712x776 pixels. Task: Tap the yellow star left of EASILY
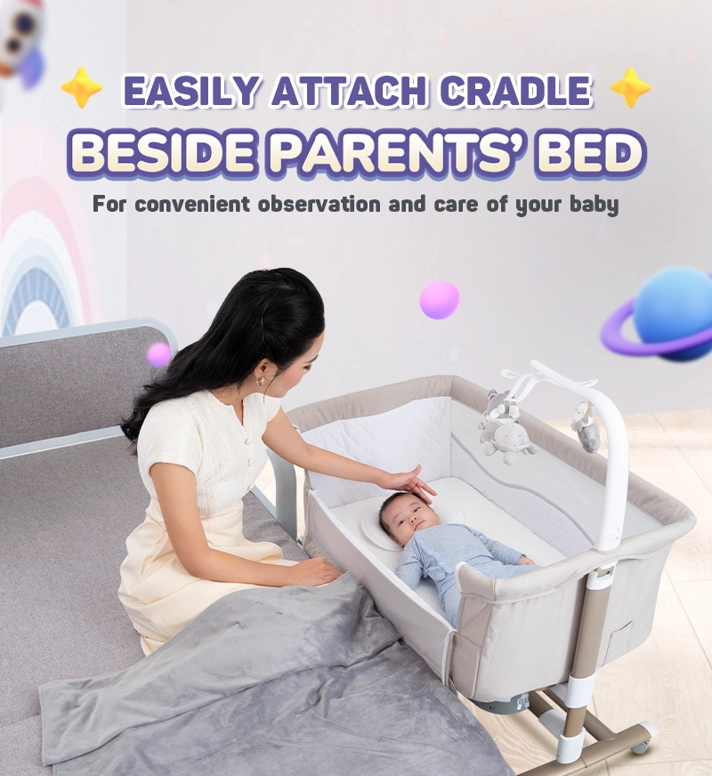[82, 88]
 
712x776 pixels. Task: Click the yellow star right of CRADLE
[631, 88]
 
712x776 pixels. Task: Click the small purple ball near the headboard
[159, 354]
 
